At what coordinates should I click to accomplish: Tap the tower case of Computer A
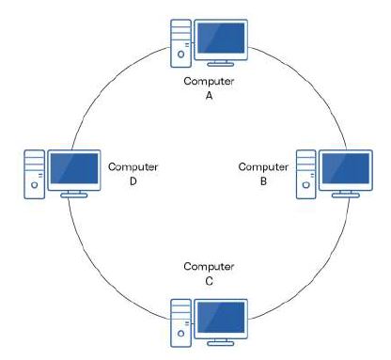coord(180,43)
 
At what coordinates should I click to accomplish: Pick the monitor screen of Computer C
coord(220,317)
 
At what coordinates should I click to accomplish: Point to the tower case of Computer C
coord(180,322)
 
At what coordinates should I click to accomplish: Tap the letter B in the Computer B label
coord(263,181)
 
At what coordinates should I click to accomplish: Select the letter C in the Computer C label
coord(209,280)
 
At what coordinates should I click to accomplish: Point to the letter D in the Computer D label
coord(133,181)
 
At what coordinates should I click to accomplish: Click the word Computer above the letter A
coord(210,82)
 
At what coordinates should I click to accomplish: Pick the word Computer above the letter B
coord(263,167)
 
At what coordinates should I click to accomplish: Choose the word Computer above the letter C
coord(209,266)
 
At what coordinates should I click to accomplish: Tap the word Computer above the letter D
coord(133,167)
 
